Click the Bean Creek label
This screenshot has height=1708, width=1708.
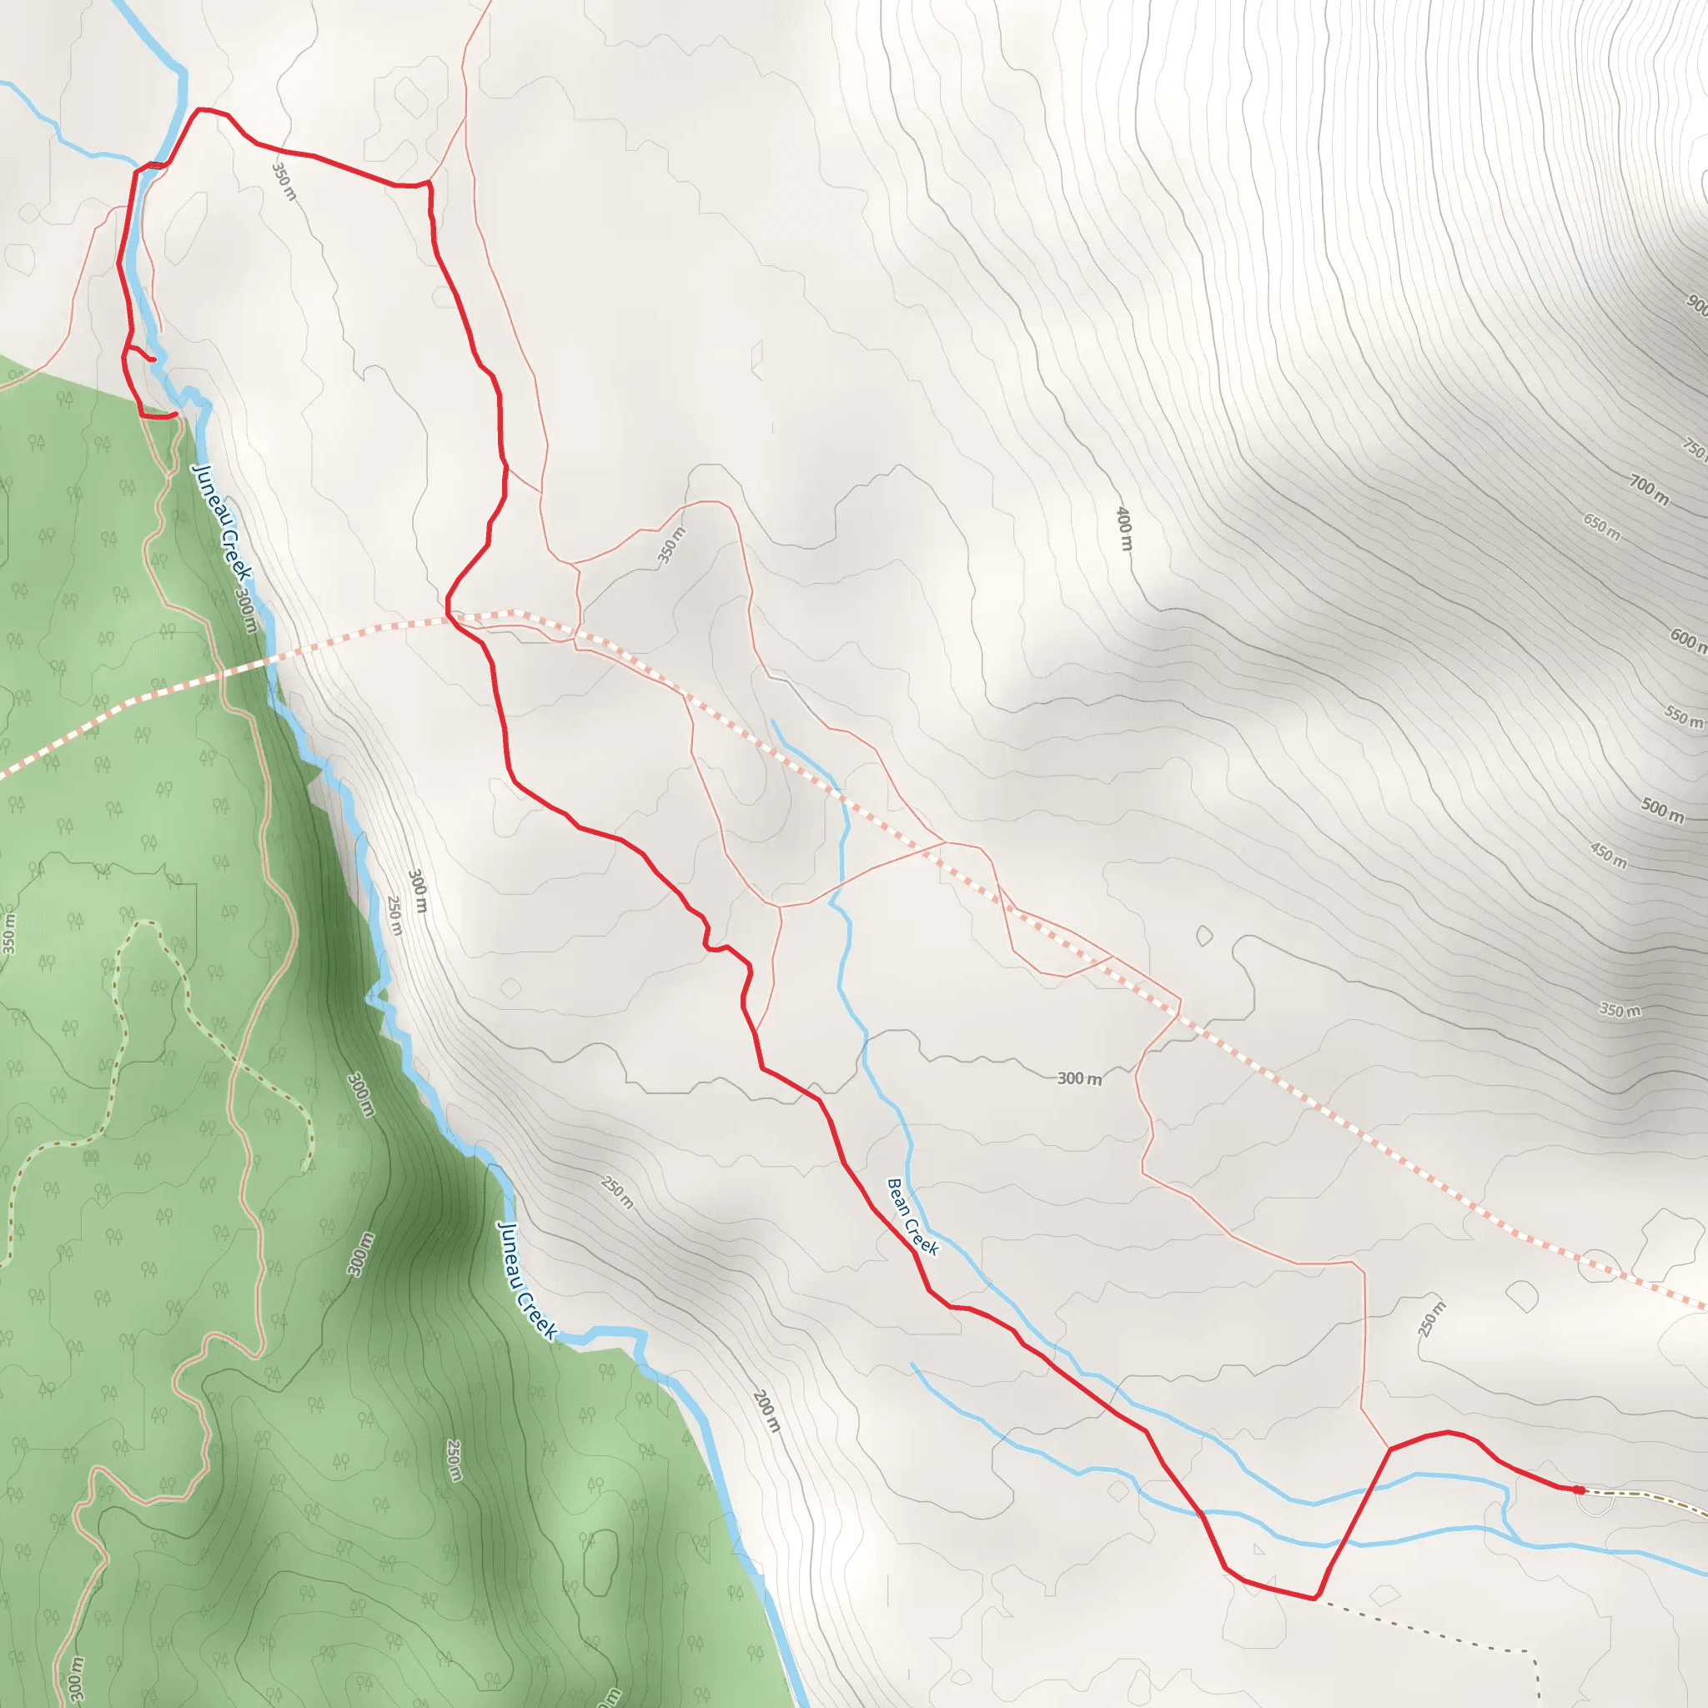coord(912,1217)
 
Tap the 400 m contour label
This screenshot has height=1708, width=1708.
coord(1123,529)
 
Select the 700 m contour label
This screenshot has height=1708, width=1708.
coord(1649,490)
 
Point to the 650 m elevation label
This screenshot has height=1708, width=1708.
coord(1602,527)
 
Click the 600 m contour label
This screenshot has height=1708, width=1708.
coord(1687,640)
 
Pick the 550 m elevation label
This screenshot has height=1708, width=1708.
coord(1683,716)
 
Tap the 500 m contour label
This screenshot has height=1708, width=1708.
coord(1662,809)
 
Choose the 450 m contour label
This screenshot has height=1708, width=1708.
coord(1608,855)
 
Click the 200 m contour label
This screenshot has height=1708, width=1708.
coord(766,1411)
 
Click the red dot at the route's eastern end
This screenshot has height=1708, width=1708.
coord(1578,1489)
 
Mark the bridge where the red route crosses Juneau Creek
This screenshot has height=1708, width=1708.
coord(156,165)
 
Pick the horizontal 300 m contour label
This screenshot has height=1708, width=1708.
coord(1079,1078)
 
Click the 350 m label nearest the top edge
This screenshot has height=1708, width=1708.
coord(284,181)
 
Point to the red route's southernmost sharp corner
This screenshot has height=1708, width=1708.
coord(1315,1599)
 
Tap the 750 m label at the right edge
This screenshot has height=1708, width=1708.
coord(1695,448)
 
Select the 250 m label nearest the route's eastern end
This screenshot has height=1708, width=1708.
coord(1431,1319)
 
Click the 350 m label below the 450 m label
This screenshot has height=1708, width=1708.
coord(1620,1010)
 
